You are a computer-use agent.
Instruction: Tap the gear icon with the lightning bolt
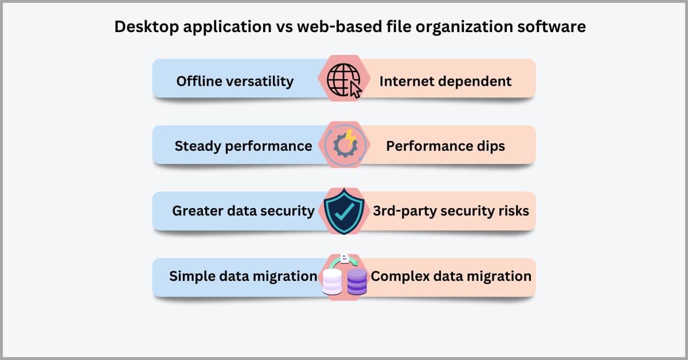[346, 144]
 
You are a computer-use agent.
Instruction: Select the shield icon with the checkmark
[344, 212]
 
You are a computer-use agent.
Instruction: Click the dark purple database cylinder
[357, 281]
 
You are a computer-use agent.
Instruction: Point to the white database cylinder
[332, 281]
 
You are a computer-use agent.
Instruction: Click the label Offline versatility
[235, 81]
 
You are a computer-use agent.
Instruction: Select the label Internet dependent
[445, 81]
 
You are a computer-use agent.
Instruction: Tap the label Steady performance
[243, 146]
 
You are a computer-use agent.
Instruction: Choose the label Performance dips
[445, 146]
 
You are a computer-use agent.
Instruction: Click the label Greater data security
[243, 211]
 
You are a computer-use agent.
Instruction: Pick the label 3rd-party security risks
[451, 211]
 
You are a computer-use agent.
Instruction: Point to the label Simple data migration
[243, 276]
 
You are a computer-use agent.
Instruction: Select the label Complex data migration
[451, 276]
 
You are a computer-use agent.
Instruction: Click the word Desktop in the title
[147, 27]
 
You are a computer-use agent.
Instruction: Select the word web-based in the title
[339, 26]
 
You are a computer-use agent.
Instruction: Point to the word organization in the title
[464, 27]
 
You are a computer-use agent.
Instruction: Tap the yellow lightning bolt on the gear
[350, 138]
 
